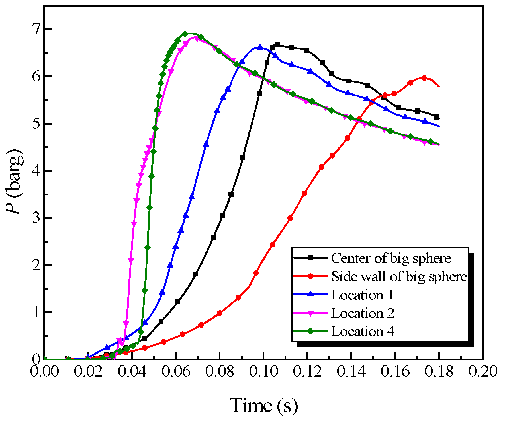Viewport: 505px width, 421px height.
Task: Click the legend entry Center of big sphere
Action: click(391, 258)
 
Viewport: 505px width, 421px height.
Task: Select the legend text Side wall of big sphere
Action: click(399, 277)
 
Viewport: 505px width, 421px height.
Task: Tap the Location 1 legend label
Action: click(363, 295)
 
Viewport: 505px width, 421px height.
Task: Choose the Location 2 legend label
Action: click(363, 313)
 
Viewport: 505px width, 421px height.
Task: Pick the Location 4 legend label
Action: click(363, 332)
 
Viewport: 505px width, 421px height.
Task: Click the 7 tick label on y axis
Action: click(36, 30)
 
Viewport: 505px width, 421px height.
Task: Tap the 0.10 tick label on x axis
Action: click(264, 372)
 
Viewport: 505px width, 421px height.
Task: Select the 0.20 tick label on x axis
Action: click(483, 372)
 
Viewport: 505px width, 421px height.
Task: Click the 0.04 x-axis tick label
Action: click(132, 372)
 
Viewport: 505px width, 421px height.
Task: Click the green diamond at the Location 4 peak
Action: click(185, 34)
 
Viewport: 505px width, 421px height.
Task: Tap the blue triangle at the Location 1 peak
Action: click(260, 47)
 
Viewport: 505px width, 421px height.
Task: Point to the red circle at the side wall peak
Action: click(424, 78)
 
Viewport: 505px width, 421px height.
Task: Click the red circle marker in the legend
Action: click(310, 276)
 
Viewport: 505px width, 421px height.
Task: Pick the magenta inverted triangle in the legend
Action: click(310, 313)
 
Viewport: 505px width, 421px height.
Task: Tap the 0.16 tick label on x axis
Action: click(395, 372)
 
